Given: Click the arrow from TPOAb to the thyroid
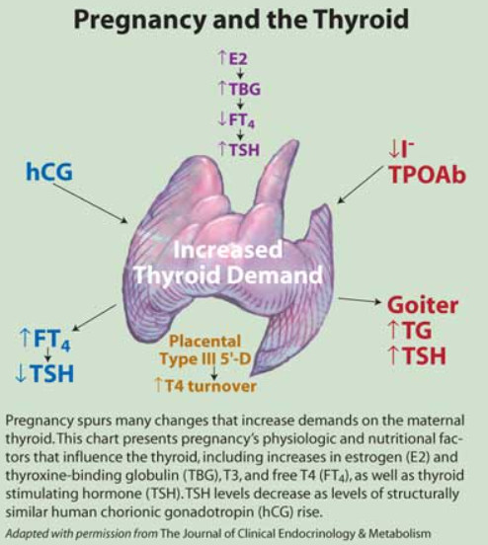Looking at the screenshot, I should pyautogui.click(x=362, y=184).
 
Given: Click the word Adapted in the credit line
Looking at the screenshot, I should pyautogui.click(x=29, y=534).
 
